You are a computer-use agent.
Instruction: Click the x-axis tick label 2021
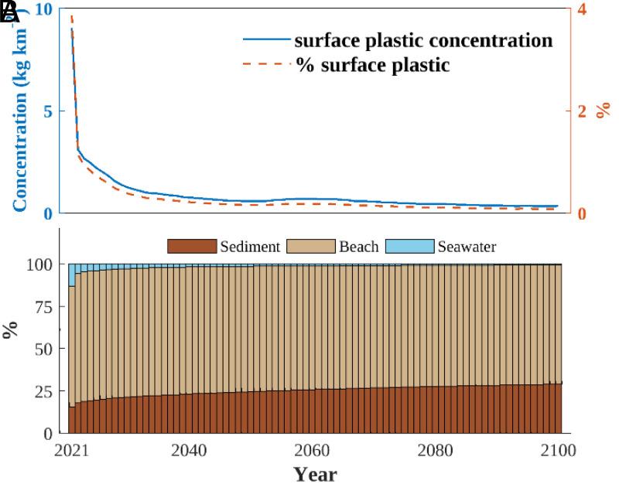coord(73,450)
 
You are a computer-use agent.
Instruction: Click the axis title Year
coord(315,473)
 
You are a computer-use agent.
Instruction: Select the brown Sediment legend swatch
coord(191,247)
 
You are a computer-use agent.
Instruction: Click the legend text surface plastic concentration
coord(423,40)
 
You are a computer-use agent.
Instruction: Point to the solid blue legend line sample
coord(267,40)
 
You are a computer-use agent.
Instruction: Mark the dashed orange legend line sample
coord(267,65)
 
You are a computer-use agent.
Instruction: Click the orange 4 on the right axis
coord(583,9)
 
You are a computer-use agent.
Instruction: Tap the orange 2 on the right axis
coord(583,111)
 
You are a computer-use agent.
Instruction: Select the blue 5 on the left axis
coord(46,111)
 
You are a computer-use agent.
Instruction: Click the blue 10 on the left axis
coord(42,9)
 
